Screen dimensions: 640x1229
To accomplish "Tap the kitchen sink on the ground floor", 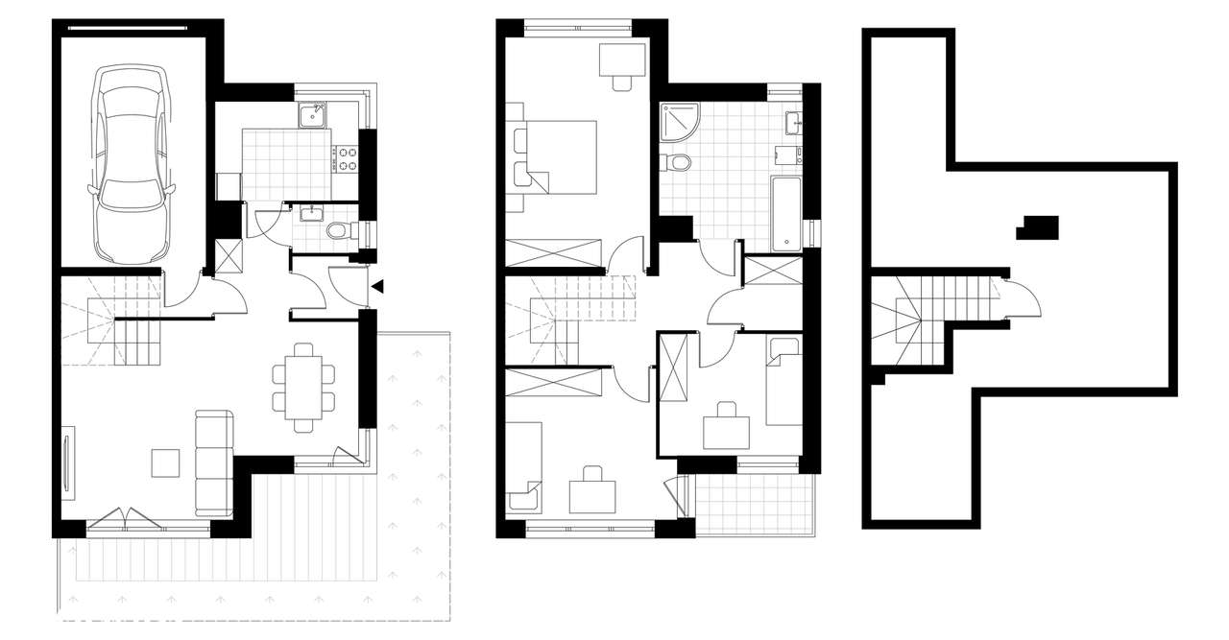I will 311,116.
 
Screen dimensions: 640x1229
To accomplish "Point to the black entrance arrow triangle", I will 379,286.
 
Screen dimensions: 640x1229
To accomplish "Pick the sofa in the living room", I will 213,463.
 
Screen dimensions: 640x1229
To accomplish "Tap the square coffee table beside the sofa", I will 165,463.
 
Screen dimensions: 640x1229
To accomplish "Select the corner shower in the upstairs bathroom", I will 680,120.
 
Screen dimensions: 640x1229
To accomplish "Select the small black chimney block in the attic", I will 1040,227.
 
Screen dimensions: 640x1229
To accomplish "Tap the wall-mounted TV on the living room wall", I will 66,466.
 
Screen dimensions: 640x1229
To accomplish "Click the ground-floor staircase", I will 115,321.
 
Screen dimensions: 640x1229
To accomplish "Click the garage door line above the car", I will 135,28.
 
